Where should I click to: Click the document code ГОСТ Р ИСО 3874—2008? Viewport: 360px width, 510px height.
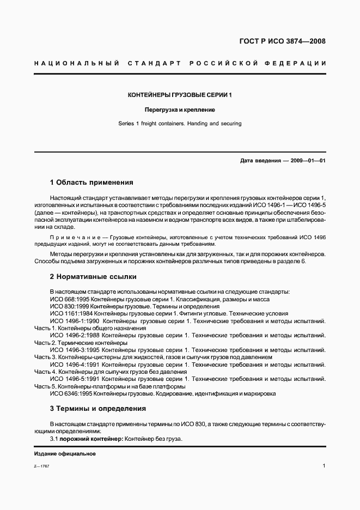click(283, 41)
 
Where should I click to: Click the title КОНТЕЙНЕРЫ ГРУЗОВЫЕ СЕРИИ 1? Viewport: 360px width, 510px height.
click(180, 95)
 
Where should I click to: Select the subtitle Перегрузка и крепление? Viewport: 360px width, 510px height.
click(180, 110)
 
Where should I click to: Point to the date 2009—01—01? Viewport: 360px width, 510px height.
click(308, 161)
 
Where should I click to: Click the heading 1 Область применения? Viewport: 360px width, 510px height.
click(91, 183)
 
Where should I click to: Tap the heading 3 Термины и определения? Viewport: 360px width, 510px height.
click(98, 408)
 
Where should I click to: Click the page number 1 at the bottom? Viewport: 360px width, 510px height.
click(324, 466)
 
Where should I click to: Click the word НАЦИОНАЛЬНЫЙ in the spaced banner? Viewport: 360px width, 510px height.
click(76, 64)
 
